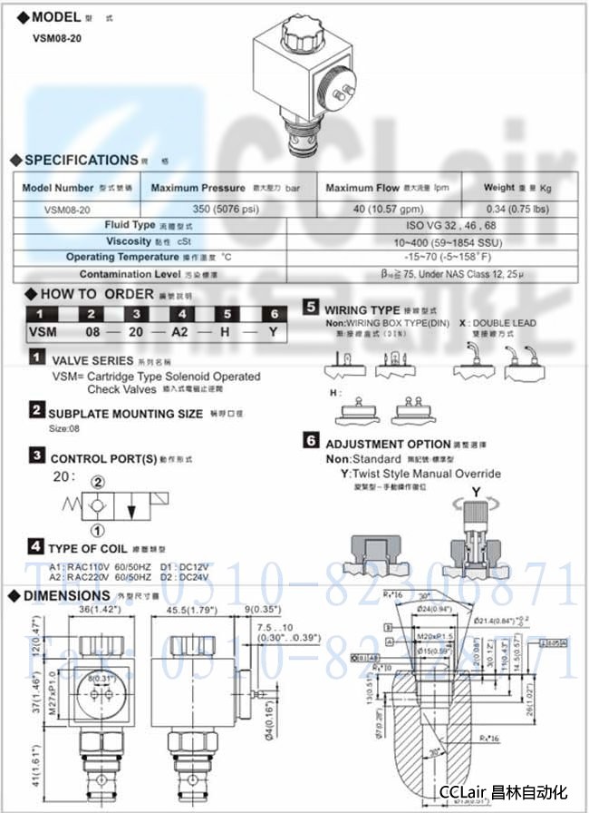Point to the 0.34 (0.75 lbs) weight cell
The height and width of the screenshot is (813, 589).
point(517,208)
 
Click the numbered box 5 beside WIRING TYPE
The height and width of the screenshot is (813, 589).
point(311,308)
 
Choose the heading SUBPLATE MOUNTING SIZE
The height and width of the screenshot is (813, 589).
point(125,414)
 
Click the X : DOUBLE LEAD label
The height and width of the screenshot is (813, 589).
point(497,323)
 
